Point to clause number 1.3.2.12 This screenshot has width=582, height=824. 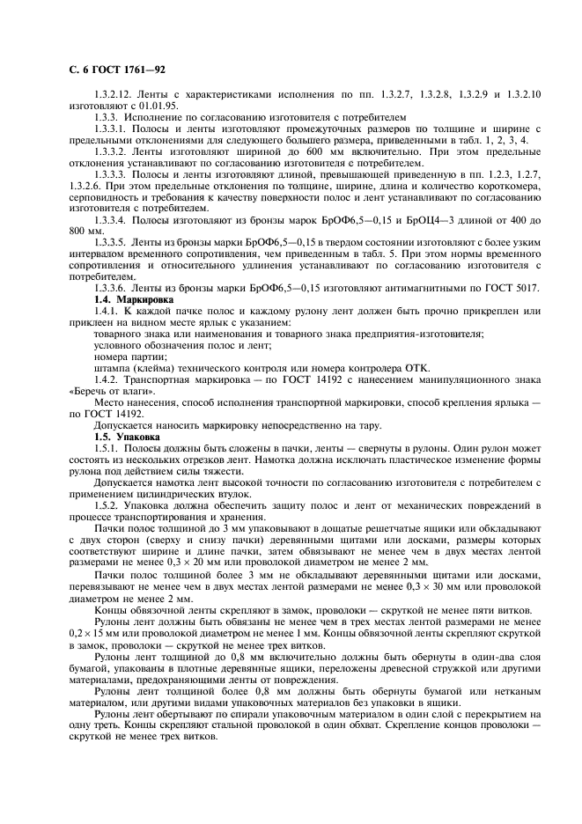[117, 92]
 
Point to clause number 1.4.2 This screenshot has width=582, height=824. [109, 379]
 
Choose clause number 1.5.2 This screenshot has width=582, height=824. [109, 504]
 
